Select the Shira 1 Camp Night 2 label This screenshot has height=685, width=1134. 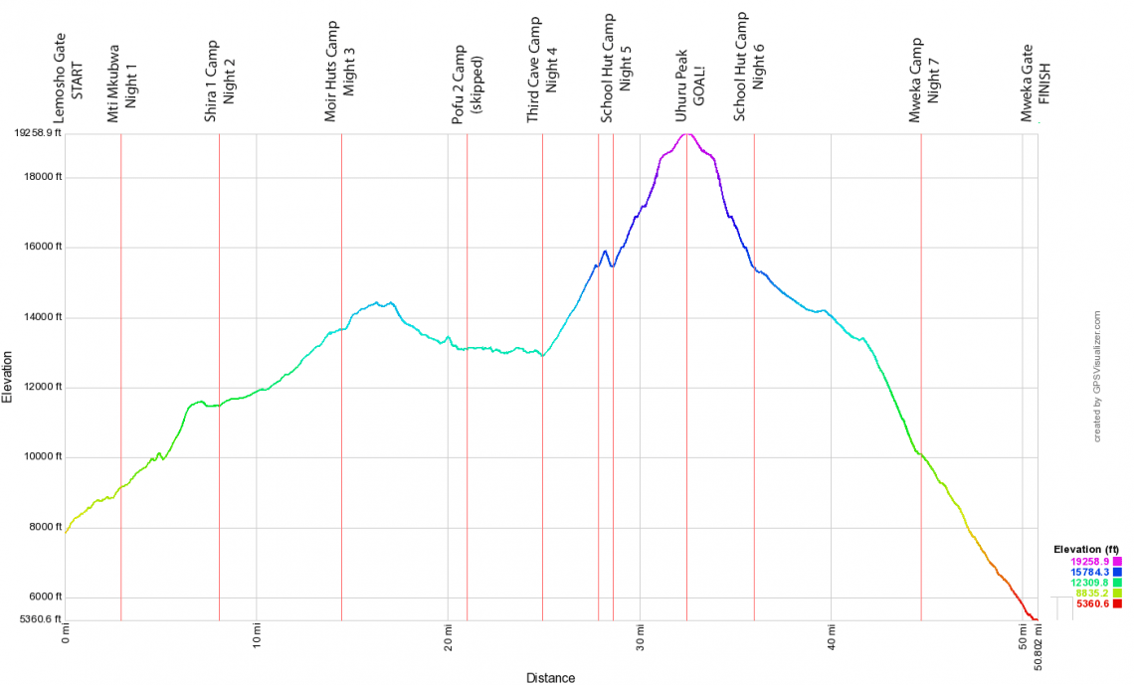coord(219,81)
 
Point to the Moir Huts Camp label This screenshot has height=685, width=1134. coord(340,72)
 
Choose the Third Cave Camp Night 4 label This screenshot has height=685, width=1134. coord(542,70)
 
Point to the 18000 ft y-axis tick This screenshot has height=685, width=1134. coord(44,178)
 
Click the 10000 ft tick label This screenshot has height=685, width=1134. coord(44,458)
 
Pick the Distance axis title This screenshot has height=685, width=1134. coord(550,678)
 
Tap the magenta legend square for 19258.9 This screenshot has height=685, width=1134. coord(1117,562)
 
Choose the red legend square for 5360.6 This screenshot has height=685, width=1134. coord(1117,603)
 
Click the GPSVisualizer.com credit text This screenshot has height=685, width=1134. coord(1097,376)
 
